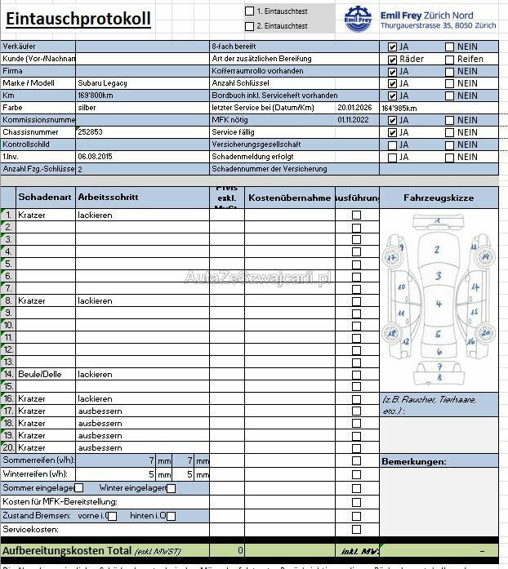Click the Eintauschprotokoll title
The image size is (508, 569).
[x=78, y=19]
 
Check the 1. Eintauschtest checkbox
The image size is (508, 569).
[x=250, y=11]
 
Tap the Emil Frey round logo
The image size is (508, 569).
[x=357, y=19]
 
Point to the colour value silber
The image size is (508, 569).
[x=87, y=108]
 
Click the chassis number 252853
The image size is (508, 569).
[x=90, y=132]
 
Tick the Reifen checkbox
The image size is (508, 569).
[x=450, y=59]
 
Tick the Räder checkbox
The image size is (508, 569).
[x=393, y=59]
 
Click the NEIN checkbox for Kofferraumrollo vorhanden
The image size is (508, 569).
[x=450, y=71]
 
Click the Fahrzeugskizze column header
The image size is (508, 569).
[x=438, y=198]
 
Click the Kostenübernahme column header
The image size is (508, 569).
[x=289, y=198]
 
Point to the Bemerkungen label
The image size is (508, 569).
[x=413, y=462]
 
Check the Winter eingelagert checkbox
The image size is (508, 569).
[x=171, y=488]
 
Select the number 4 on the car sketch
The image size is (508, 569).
[x=438, y=305]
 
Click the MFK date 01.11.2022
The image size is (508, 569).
[x=353, y=120]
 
